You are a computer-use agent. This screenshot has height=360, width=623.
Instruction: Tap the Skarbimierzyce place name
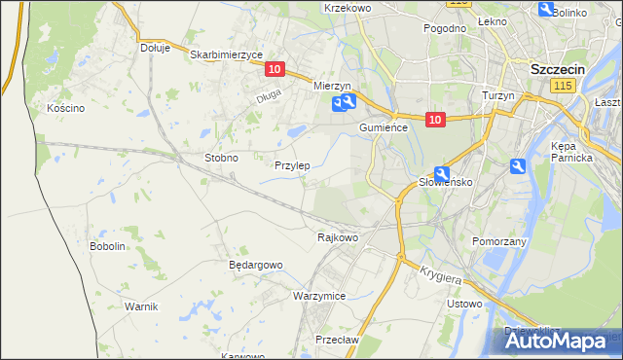pyautogui.click(x=227, y=55)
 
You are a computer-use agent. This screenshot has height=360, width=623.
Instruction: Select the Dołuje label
pyautogui.click(x=155, y=47)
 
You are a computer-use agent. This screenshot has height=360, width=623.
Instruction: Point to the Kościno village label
pyautogui.click(x=66, y=108)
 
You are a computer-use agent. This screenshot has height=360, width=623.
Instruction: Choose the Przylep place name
pyautogui.click(x=292, y=165)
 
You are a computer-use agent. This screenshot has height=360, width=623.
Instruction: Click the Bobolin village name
pyautogui.click(x=108, y=246)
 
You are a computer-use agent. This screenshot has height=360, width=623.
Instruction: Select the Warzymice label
pyautogui.click(x=319, y=295)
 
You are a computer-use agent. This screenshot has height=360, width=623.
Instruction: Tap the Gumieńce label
pyautogui.click(x=389, y=127)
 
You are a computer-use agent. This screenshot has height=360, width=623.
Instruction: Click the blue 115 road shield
pyautogui.click(x=561, y=88)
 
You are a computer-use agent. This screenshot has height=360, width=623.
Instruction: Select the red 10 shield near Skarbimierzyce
pyautogui.click(x=275, y=68)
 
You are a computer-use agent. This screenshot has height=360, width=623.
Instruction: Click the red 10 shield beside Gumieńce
pyautogui.click(x=435, y=120)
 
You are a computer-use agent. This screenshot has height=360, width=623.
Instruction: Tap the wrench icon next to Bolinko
pyautogui.click(x=545, y=9)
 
